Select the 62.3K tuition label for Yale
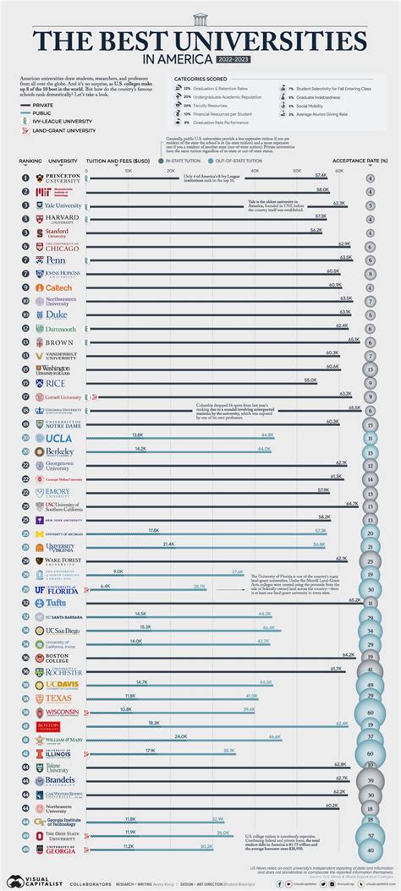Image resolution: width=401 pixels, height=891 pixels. (x=339, y=203)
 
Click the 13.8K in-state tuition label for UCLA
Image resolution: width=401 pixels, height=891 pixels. (x=138, y=435)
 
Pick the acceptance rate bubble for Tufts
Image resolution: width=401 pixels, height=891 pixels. (x=370, y=602)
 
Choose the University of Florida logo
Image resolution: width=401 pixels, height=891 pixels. (x=55, y=588)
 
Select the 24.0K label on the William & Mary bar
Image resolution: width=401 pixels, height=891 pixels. (x=181, y=736)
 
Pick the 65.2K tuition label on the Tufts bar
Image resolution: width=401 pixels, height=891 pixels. (x=355, y=599)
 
